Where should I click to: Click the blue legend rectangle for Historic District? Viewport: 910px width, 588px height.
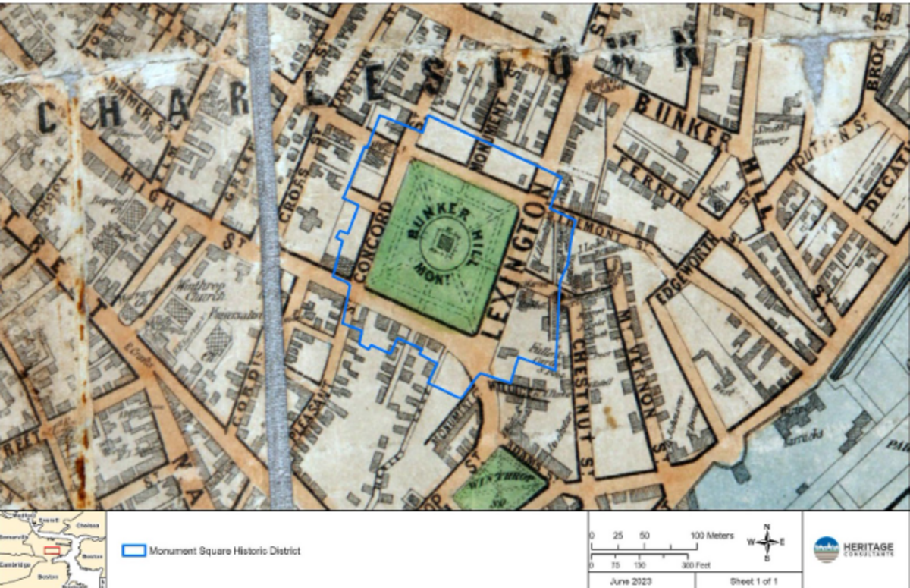point(133,550)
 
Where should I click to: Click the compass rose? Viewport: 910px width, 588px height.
point(767,542)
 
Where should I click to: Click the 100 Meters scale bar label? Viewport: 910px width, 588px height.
point(712,536)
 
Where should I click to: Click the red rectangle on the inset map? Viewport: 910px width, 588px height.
point(52,549)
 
